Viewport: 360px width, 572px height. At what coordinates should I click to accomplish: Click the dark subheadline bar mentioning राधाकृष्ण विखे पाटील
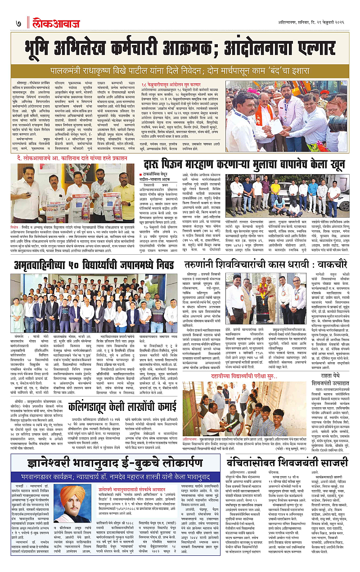pyautogui.click(x=180, y=71)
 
